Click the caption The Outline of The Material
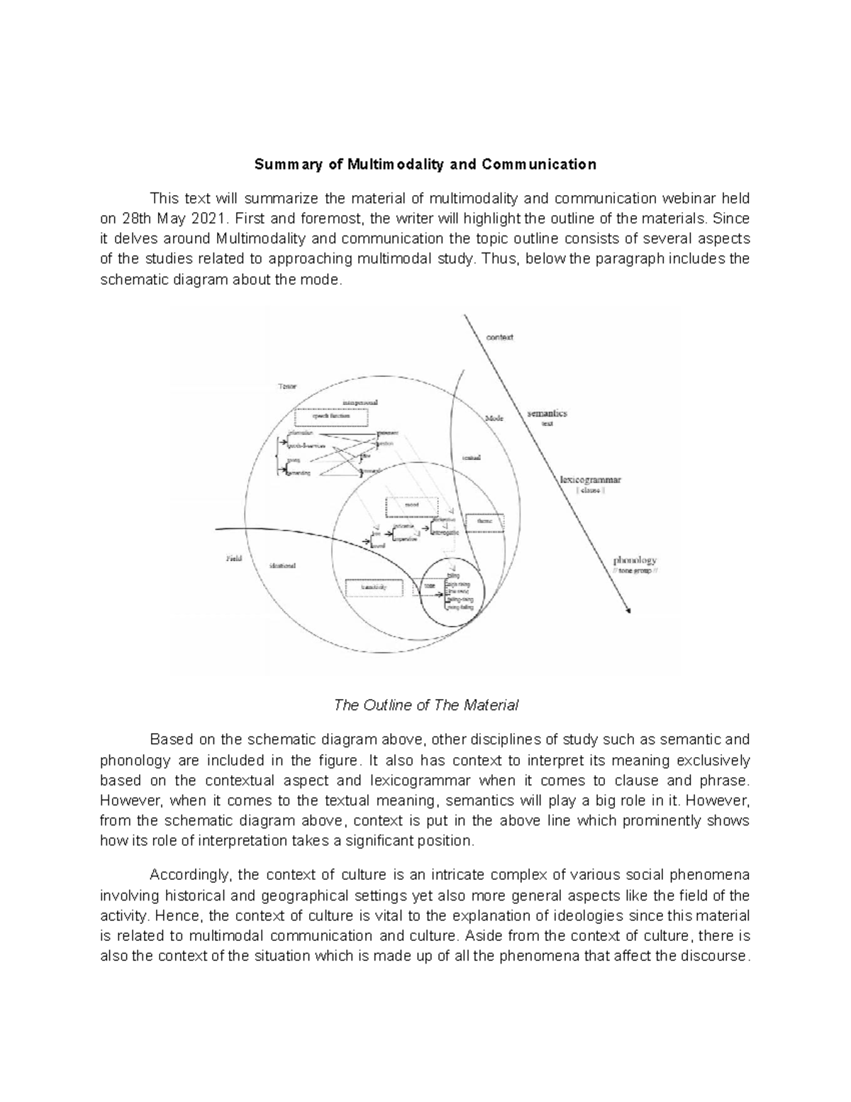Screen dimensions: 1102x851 click(425, 705)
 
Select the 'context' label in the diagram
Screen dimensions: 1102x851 click(499, 337)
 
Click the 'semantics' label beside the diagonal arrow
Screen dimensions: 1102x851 click(546, 413)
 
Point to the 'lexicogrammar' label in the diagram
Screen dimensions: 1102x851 click(590, 480)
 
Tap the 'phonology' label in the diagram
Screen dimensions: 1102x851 click(635, 560)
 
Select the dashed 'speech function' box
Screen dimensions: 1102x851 click(331, 417)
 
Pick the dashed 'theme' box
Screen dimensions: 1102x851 click(484, 522)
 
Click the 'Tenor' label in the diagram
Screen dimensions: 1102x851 click(287, 387)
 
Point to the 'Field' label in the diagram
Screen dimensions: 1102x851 click(233, 558)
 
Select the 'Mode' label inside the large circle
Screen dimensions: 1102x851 click(494, 419)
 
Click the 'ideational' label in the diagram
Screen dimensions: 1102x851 click(283, 566)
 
